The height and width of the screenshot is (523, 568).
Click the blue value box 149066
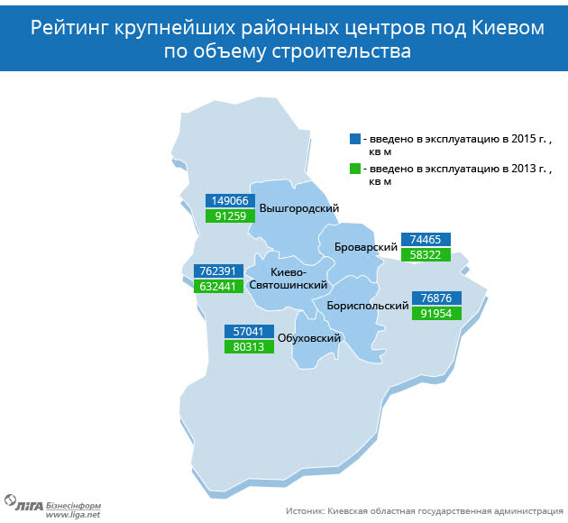coord(230,201)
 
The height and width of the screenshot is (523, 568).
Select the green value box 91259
coord(230,216)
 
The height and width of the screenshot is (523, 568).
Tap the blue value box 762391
coord(218,271)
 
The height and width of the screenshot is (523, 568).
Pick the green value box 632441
coord(218,287)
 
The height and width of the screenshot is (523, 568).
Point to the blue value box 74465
coord(426,239)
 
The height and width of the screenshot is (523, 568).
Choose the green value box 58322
coord(426,254)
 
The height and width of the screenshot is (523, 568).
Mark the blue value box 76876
coord(436,298)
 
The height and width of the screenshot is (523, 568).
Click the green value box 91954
coord(436,313)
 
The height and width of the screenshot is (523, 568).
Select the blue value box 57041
coord(249,332)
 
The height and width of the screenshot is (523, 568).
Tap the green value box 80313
coord(249,346)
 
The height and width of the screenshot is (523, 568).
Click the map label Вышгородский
coord(299,208)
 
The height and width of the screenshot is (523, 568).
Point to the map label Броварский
coord(366,247)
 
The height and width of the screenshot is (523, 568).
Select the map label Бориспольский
coord(368,306)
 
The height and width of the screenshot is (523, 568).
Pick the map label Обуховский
coord(309,338)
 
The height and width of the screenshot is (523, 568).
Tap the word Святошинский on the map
coord(289,285)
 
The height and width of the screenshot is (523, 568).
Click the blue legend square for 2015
coord(355,139)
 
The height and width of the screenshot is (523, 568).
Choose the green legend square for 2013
coord(355,169)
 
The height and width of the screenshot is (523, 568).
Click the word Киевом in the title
coord(508,28)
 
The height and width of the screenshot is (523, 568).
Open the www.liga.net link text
coord(72,515)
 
